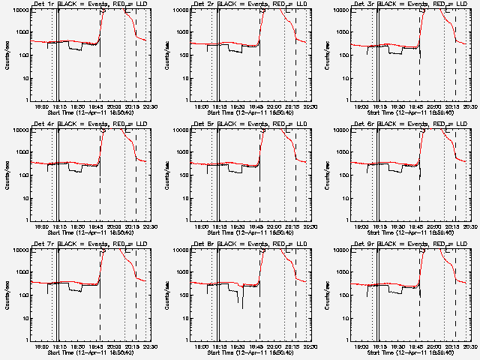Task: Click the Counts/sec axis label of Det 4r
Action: point(7,175)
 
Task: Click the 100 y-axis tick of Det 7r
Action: point(20,295)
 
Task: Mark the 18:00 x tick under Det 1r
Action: point(42,106)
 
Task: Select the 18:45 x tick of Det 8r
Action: point(257,346)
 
